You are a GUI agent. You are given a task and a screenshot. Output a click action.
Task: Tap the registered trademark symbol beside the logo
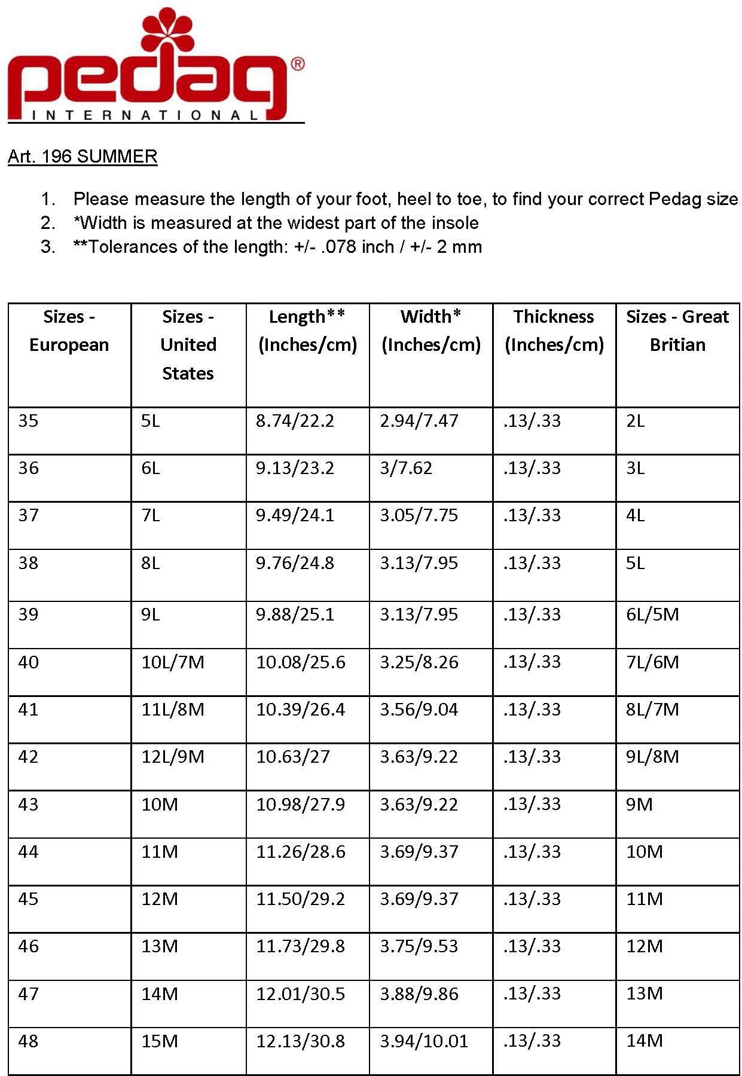tap(297, 64)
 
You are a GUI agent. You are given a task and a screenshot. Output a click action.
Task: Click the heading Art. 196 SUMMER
tap(83, 157)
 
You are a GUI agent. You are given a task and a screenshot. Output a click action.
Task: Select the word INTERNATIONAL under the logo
tap(145, 115)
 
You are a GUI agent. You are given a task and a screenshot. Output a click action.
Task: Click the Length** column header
tap(307, 331)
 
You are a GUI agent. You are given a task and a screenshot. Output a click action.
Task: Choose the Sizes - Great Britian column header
tap(677, 331)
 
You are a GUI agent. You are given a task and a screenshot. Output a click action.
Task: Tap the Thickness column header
tap(554, 331)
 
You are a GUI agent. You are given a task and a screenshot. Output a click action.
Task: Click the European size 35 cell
tap(28, 421)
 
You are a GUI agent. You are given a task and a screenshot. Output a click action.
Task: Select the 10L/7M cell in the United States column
tap(173, 662)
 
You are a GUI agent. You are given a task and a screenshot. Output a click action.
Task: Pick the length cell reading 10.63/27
tap(293, 757)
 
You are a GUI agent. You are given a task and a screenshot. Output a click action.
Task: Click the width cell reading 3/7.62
tap(406, 468)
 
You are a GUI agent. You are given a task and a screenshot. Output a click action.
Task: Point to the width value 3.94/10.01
tap(424, 1041)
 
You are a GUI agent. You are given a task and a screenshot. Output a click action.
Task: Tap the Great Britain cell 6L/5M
tap(652, 615)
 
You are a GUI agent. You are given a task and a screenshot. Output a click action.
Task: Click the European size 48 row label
tap(28, 1041)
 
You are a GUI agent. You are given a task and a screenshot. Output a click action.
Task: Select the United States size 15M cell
tap(160, 1041)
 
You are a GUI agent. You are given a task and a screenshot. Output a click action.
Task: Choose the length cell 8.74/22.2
tap(295, 421)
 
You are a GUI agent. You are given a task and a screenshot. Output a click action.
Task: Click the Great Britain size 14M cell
tap(645, 1041)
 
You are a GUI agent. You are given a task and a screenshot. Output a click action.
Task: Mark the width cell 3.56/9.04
tap(419, 710)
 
